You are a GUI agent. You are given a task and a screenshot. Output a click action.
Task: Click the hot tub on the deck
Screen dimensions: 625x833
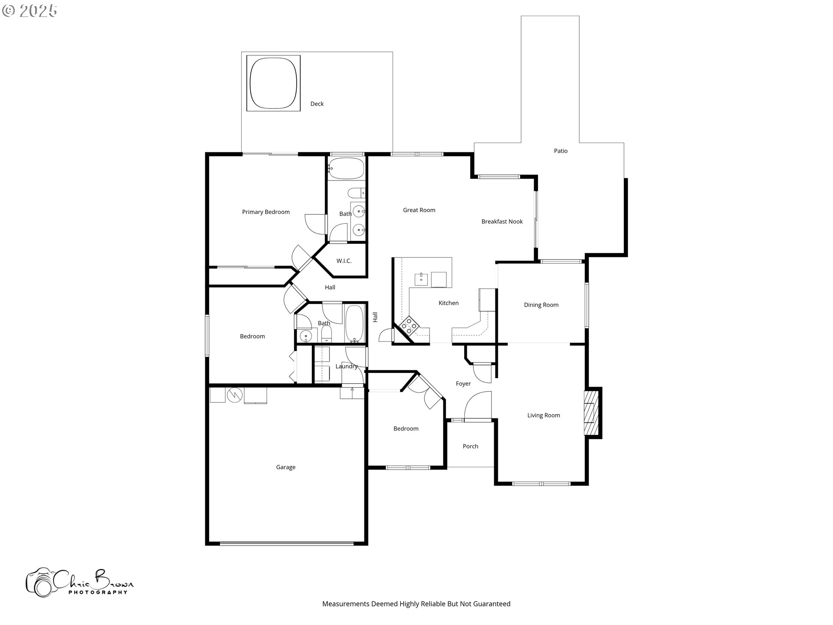click(x=273, y=83)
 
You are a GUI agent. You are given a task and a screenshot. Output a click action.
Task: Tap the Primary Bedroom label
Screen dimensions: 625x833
click(x=266, y=212)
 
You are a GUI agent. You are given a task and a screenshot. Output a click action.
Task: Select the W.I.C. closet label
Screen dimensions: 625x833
click(x=344, y=261)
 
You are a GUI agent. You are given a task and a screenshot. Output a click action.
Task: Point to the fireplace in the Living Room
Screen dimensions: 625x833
click(x=590, y=412)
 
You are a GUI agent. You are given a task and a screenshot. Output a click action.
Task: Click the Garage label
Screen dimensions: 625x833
click(x=285, y=467)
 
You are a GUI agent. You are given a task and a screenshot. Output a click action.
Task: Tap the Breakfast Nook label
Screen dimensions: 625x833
click(x=502, y=222)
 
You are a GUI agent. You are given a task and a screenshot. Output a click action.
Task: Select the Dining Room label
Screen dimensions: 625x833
click(x=541, y=305)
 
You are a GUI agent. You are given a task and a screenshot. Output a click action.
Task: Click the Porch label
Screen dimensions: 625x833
click(x=470, y=447)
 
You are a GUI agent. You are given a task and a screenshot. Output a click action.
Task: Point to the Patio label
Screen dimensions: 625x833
click(x=561, y=151)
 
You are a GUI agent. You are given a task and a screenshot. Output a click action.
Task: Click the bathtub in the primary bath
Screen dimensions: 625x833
click(x=346, y=168)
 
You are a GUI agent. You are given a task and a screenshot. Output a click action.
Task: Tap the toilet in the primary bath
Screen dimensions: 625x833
click(x=357, y=193)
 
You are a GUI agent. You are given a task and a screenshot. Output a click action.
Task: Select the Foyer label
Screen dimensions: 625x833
click(x=463, y=384)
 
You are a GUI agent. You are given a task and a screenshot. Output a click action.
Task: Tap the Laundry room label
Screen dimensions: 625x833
click(x=346, y=367)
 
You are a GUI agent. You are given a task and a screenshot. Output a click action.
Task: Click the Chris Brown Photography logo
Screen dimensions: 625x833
click(x=79, y=582)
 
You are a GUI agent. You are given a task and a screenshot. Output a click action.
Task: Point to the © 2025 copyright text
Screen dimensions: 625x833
click(x=30, y=11)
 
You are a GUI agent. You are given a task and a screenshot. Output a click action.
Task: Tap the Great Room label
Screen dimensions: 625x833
click(x=419, y=210)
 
